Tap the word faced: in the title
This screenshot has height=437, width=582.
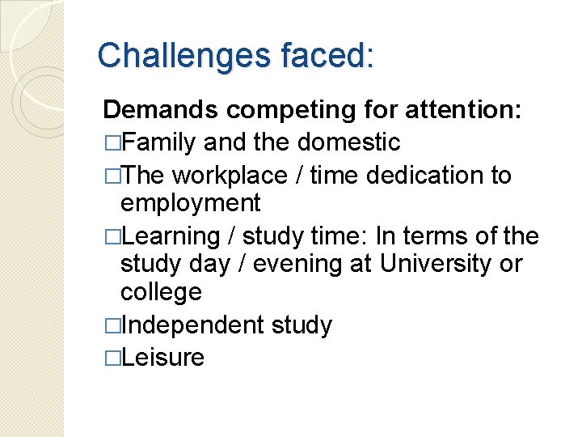tap(327, 57)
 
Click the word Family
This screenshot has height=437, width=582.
tap(161, 142)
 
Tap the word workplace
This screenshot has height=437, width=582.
tap(230, 176)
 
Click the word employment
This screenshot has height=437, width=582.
tap(191, 203)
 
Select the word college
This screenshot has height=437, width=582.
tap(160, 291)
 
